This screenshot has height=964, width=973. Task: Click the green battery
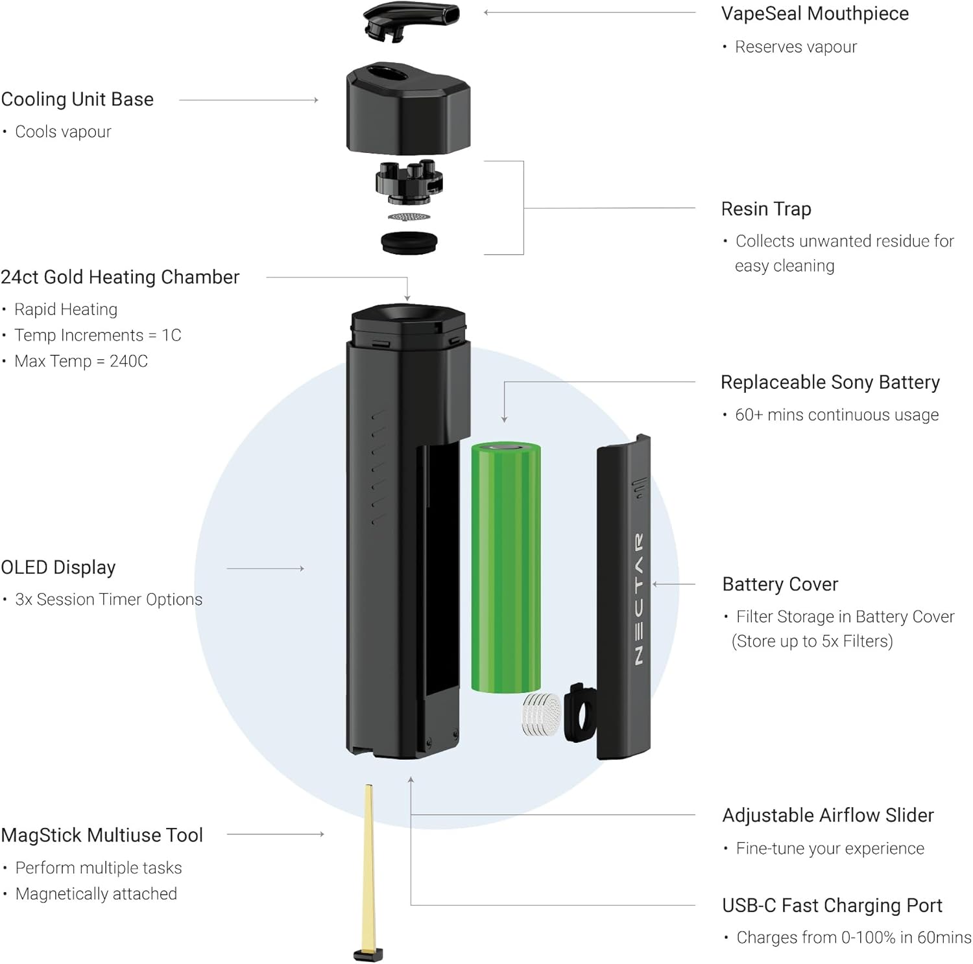click(505, 567)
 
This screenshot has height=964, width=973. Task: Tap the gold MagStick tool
click(369, 869)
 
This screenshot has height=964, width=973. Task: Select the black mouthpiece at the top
click(411, 19)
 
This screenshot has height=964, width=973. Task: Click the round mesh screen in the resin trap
click(409, 217)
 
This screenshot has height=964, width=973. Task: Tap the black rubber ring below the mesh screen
click(409, 242)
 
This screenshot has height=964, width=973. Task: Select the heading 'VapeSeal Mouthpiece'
click(815, 14)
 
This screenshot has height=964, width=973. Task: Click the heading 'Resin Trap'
click(766, 209)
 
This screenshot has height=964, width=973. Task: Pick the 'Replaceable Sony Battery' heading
click(830, 382)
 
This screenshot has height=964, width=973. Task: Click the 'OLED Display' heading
click(58, 567)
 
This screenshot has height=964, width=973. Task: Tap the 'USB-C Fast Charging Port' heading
click(832, 905)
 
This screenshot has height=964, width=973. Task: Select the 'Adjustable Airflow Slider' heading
click(828, 815)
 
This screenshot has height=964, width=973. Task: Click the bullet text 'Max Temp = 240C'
click(81, 361)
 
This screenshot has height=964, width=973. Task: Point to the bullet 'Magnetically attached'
click(96, 894)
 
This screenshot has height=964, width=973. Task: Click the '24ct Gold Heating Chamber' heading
click(120, 277)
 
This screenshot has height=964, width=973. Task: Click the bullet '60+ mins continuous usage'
click(837, 415)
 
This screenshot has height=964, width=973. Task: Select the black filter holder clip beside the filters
click(579, 713)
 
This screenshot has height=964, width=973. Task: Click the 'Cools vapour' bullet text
click(63, 132)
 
